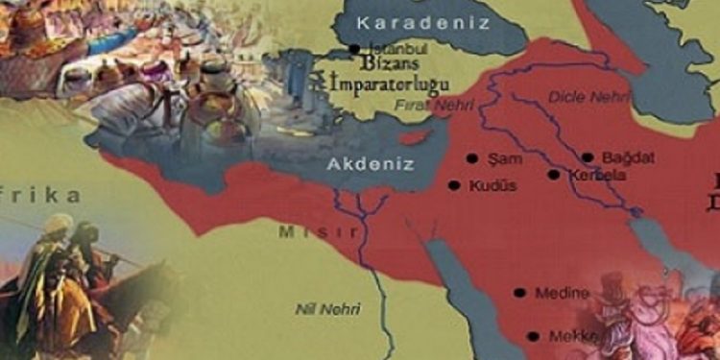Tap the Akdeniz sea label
click(x=370, y=164)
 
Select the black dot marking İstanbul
click(x=354, y=49)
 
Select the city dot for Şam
click(x=471, y=158)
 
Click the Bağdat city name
click(x=625, y=156)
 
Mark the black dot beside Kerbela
click(x=553, y=175)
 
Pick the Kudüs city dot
click(x=453, y=185)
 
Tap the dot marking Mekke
click(x=533, y=336)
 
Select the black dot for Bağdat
click(x=588, y=157)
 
